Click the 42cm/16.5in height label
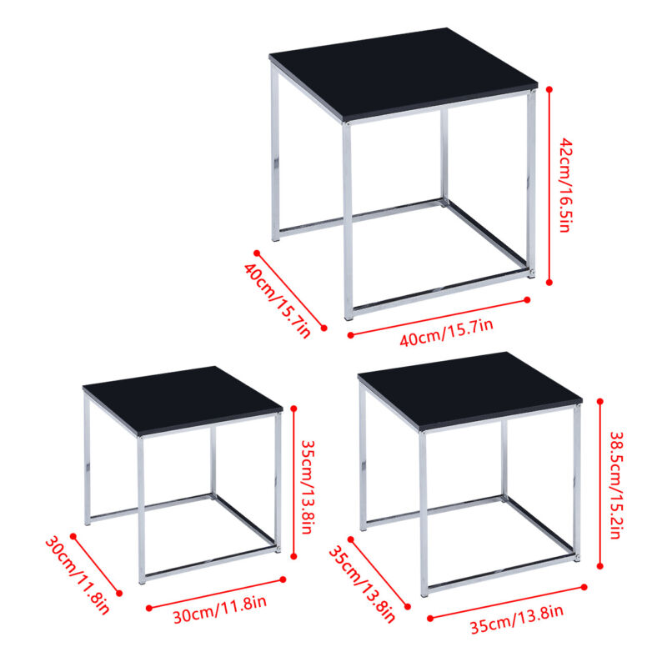click(565, 185)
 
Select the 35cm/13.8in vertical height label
click(308, 486)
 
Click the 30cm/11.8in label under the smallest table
click(219, 609)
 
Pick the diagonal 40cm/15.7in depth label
click(278, 300)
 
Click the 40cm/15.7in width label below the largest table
click(446, 332)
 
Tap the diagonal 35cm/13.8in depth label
click(362, 585)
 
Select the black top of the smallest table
click(183, 400)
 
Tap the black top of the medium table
click(470, 390)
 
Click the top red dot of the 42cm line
click(549, 89)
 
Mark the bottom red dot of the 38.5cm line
click(600, 566)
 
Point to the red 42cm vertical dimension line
click(549, 186)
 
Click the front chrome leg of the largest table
click(348, 221)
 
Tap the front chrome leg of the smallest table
click(141, 510)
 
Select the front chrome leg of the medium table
click(424, 514)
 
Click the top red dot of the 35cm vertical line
click(293, 409)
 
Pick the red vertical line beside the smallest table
click(293, 483)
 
